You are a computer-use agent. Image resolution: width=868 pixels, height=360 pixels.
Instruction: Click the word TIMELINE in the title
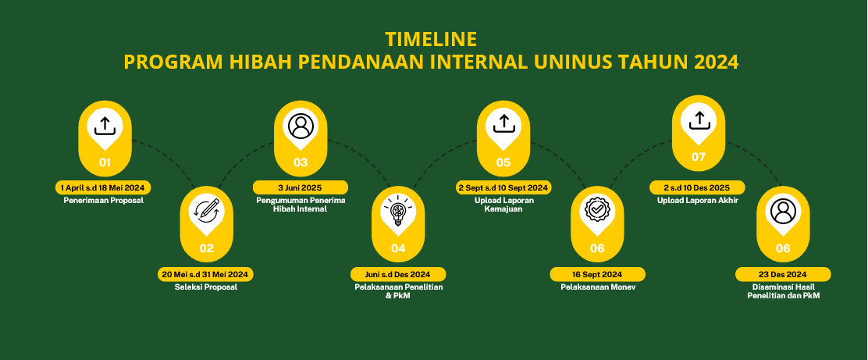pos(431,39)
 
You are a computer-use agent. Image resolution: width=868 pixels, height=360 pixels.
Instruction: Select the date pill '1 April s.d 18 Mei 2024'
pos(103,187)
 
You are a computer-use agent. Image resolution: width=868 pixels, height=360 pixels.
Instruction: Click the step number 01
pos(105,162)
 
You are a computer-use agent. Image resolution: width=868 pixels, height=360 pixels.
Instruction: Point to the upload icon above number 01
pos(105,125)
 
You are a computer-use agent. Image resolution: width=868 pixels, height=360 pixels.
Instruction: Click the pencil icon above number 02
pos(207,211)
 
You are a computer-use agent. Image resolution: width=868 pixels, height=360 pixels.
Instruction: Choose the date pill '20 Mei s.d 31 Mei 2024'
pos(206,274)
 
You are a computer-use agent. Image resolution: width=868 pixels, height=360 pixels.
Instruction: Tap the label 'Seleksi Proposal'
pos(206,287)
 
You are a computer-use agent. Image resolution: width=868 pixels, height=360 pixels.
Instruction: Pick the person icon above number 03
pos(301,125)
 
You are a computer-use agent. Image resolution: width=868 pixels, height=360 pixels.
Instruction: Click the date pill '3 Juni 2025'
pos(300,187)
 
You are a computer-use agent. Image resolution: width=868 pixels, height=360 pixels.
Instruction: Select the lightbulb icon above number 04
pos(398,210)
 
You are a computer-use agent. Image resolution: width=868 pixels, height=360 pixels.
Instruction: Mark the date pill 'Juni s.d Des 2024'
pos(398,274)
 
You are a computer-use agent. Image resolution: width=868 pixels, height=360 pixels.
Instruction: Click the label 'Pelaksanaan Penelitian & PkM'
pos(399,291)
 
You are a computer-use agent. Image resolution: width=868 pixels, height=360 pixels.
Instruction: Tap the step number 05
pos(503,162)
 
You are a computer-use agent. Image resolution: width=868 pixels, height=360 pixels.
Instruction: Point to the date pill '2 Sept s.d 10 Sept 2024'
pos(503,187)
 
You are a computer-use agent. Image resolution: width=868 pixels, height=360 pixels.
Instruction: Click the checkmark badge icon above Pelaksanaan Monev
pos(597,211)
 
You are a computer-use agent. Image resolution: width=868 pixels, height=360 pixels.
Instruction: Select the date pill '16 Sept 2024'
pos(597,274)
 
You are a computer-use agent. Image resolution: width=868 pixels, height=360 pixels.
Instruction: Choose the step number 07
pos(699,157)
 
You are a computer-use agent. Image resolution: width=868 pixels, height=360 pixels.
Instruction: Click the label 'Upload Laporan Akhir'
pos(698,201)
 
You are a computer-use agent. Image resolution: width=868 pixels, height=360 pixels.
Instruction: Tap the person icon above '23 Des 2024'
pos(783,211)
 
